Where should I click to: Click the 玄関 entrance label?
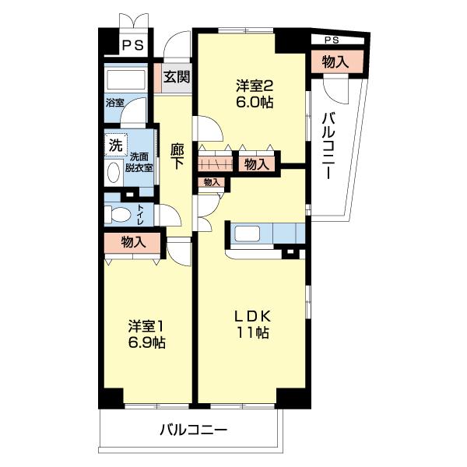pos(177,77)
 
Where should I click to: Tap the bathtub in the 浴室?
pos(126,79)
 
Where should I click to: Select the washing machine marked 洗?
pos(116,145)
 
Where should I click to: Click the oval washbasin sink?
pos(114,173)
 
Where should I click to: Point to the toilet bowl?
pos(118,214)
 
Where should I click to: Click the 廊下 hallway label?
pos(177,156)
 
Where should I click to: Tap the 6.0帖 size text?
pos(255,103)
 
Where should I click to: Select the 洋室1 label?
pos(146,326)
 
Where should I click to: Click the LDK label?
pos(252,316)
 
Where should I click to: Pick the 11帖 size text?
pos(252,332)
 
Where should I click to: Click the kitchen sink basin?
pos(248,233)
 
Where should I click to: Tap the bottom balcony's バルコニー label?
pos(194,430)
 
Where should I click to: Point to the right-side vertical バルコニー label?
pos(328,146)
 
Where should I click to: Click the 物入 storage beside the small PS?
pos(335,62)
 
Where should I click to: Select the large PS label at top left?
pos(133,46)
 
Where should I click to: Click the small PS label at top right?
pos(332,40)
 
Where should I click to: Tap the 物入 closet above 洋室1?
pos(133,242)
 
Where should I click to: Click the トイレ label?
pos(140,215)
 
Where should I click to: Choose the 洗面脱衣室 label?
pos(139,163)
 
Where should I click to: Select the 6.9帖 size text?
pos(147,342)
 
